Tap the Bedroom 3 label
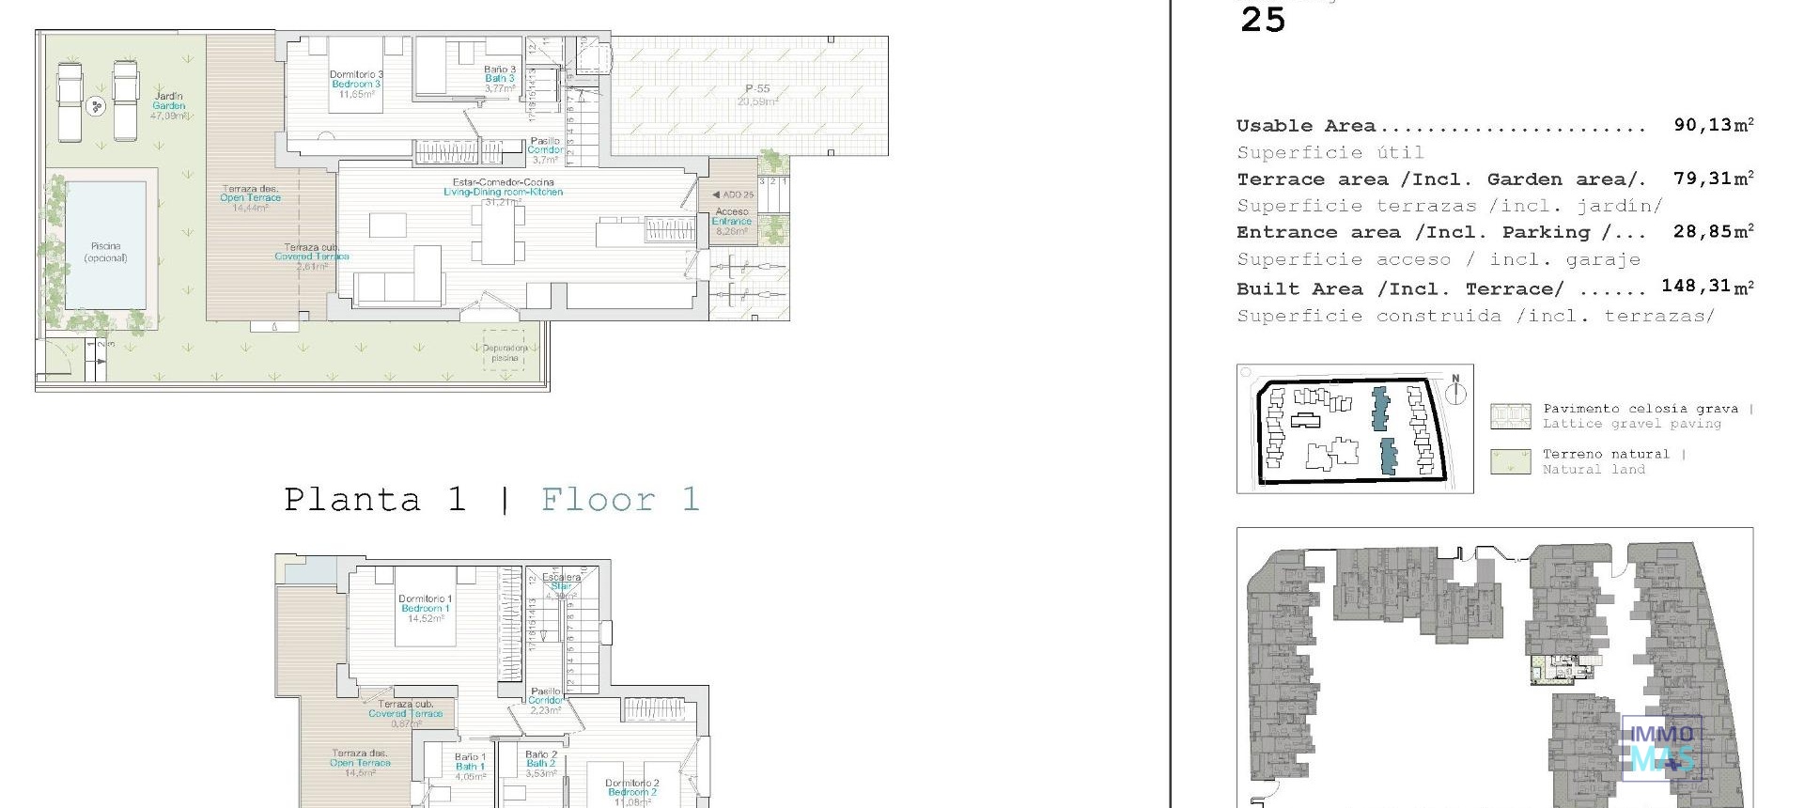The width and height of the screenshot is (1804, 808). tap(356, 85)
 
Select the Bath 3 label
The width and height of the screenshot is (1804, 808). tap(500, 79)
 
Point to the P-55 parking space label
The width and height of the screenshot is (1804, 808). tap(757, 90)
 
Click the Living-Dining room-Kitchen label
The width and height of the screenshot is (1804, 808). tap(503, 192)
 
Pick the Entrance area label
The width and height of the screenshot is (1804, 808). tap(732, 222)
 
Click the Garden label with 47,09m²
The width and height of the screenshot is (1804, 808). tap(169, 105)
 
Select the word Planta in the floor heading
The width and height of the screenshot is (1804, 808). tap(352, 500)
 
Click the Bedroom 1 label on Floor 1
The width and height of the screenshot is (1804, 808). tap(425, 608)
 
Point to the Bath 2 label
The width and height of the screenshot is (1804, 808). tap(541, 764)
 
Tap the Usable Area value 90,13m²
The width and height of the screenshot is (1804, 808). tap(1713, 125)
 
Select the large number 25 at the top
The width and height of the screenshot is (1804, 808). tap(1262, 20)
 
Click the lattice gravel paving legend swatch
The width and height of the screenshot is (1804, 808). tap(1510, 416)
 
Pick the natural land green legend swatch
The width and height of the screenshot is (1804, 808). tap(1510, 461)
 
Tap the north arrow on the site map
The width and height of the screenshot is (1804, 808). tap(1454, 391)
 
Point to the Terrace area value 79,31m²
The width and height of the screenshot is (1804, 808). tap(1713, 179)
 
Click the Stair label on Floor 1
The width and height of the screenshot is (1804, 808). tap(561, 586)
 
